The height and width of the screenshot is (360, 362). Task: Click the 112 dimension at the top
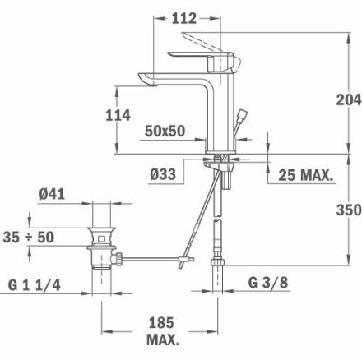click(x=184, y=18)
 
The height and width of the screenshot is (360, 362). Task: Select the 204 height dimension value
click(x=349, y=99)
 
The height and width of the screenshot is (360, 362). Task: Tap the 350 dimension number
click(x=349, y=210)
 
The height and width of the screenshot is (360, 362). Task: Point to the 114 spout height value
click(x=118, y=115)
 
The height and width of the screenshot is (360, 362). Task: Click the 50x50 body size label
click(x=165, y=131)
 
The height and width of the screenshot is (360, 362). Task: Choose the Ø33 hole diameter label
click(x=163, y=174)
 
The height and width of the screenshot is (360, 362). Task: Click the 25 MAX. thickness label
click(x=306, y=175)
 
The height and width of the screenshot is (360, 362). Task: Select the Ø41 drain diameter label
click(x=52, y=194)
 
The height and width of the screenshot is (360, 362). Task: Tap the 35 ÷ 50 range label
click(x=29, y=237)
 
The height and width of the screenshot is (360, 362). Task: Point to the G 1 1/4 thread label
click(x=35, y=285)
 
